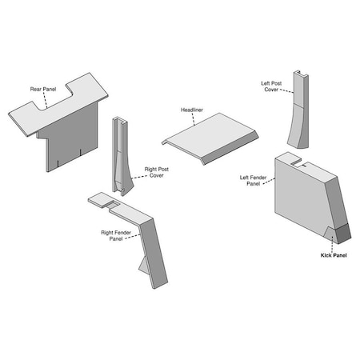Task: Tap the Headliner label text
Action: (x=193, y=110)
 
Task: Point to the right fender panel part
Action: (x=148, y=240)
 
